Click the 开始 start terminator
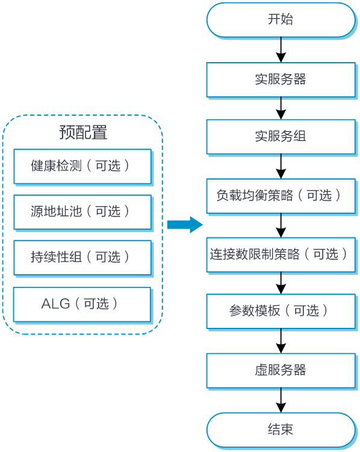281,20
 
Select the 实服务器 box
281,80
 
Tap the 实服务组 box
281,137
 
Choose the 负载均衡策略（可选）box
281,196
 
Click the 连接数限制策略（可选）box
281,255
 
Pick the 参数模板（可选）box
281,312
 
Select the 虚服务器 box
281,371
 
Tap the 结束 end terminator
281,430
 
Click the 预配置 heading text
83,133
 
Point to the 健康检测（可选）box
82,166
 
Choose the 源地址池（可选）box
82,212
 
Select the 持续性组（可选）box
82,258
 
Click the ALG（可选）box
82,304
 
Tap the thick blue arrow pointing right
185,225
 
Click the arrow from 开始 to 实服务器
281,49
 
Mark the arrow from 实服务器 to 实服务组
281,108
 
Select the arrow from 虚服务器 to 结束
281,400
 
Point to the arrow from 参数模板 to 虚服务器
281,341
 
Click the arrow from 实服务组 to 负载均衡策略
281,166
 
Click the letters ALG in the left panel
55,304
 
